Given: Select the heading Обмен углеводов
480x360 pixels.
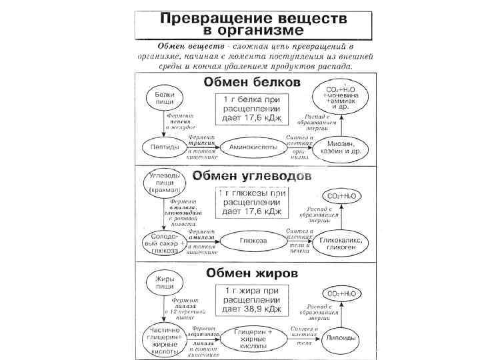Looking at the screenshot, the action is pos(251,176).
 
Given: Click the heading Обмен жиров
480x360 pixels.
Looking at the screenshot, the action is pos(251,273).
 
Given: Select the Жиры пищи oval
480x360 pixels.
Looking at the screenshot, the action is pos(164,282).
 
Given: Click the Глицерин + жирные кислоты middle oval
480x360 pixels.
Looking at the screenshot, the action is pos(251,339).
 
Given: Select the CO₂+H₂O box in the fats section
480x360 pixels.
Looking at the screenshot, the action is pos(339,293).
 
